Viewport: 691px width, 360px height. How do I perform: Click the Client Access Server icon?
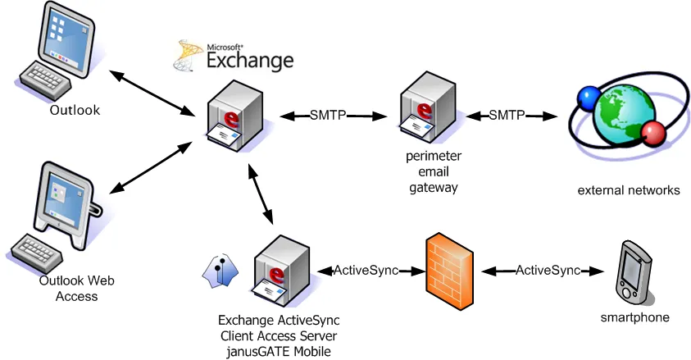pyautogui.click(x=281, y=271)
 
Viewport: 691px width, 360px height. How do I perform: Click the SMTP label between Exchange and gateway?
pyautogui.click(x=327, y=116)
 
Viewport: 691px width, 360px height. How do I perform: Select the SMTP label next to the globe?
pyautogui.click(x=507, y=116)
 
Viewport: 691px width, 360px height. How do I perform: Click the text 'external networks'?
pyautogui.click(x=629, y=190)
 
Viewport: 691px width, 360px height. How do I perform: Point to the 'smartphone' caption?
pyautogui.click(x=634, y=317)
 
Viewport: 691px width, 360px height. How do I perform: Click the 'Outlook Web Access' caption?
pyautogui.click(x=76, y=288)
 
